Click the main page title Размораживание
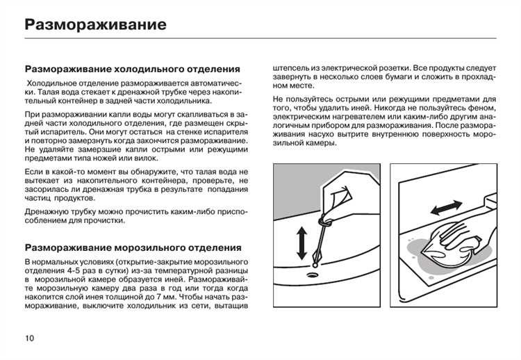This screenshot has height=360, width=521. point(95,25)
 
